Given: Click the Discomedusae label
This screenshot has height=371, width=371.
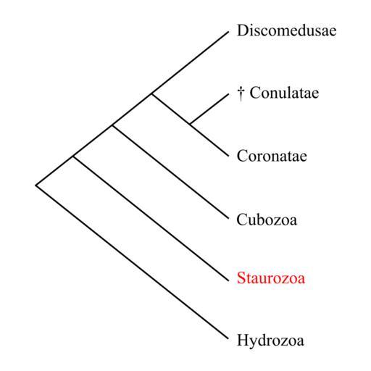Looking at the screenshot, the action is (287, 30).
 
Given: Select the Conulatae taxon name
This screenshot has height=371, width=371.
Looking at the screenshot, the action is (284, 93).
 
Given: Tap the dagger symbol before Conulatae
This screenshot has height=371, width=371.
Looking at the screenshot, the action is (241, 93).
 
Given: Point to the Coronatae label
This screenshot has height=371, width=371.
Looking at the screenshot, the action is (272, 156).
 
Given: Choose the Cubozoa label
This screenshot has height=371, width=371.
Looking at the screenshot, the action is (267, 220).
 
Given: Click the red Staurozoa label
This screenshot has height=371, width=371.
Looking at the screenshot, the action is (271, 278).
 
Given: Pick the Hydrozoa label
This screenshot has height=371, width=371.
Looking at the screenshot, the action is (270, 340).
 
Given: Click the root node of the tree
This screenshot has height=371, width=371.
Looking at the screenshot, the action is (36, 185).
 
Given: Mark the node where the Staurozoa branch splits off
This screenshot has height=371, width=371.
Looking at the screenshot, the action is (73, 157).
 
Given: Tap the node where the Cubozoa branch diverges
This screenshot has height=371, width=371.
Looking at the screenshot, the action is (112, 125).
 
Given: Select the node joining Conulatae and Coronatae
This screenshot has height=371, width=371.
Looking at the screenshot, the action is (190, 124).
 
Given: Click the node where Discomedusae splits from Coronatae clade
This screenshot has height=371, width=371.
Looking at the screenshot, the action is (151, 94).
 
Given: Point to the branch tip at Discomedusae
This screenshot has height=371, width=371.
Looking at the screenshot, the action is (228, 31).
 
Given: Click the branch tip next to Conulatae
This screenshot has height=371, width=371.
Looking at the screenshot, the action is (228, 94).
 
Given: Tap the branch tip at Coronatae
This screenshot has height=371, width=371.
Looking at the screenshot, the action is (228, 157).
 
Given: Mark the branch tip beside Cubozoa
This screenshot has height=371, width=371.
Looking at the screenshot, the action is (228, 219).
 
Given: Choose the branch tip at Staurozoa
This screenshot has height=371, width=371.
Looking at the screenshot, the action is (228, 281).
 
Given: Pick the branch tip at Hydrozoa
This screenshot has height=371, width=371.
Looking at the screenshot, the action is (228, 339).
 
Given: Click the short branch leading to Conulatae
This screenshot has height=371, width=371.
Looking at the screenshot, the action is (209, 109).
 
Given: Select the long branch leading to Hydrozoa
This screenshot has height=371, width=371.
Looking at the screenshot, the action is (132, 262).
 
